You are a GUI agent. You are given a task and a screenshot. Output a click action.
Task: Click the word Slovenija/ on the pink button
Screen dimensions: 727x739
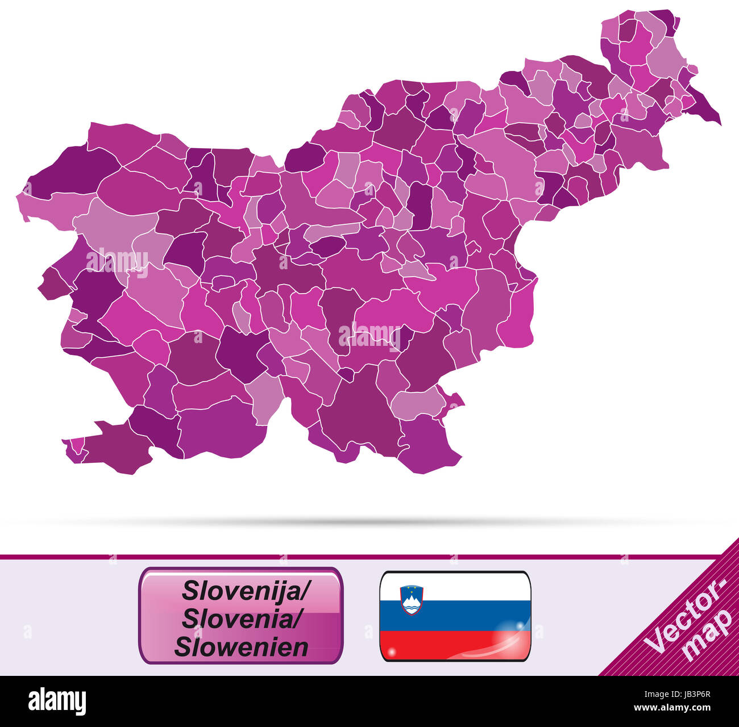tap(245, 591)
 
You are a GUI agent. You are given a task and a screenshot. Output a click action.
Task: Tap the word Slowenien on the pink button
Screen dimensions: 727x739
tap(241, 646)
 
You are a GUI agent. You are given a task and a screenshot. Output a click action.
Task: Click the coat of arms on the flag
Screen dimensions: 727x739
tap(412, 599)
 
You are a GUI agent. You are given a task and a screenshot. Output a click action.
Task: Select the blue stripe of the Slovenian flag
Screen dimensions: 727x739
tap(455, 616)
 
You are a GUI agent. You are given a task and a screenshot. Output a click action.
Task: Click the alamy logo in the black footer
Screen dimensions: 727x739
tap(57, 701)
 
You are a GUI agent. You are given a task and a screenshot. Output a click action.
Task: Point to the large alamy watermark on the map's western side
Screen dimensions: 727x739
tap(117, 261)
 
